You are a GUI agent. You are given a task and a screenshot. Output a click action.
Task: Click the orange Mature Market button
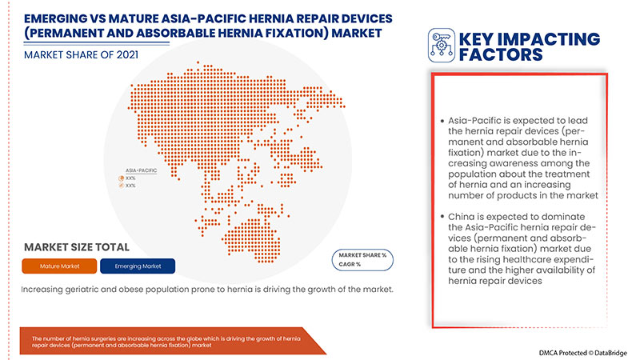[x=66, y=266]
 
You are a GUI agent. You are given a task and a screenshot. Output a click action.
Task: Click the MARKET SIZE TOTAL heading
[x=77, y=246]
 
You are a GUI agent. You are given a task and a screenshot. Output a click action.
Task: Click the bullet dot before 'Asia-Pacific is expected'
[x=441, y=120]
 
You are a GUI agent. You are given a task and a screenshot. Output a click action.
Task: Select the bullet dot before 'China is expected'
[x=441, y=217]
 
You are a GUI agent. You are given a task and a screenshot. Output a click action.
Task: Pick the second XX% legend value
[x=130, y=185]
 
